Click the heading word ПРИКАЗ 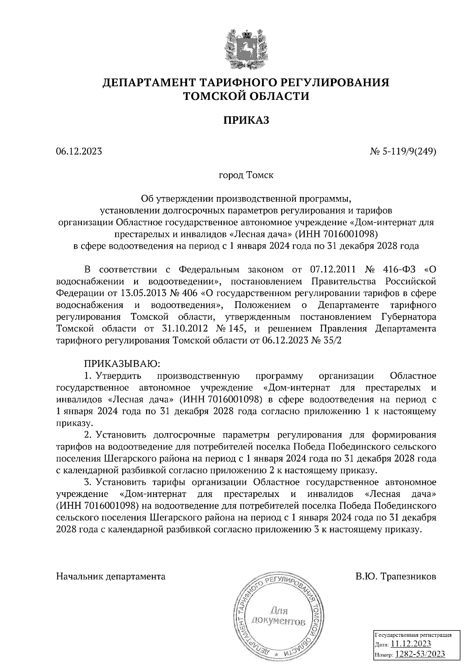(246, 120)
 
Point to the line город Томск (246, 175)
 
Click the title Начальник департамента (111, 576)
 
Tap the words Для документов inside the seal (278, 616)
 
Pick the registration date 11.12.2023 (411, 644)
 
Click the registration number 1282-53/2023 (420, 654)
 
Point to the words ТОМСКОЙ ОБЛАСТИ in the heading (246, 96)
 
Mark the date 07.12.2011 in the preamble (332, 270)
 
